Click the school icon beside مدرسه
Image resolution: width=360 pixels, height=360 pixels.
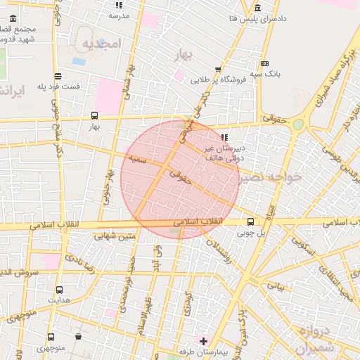tap(117, 5)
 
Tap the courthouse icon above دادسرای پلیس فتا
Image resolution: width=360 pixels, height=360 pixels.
tap(258, 8)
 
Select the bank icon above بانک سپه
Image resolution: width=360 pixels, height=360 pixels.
tap(264, 63)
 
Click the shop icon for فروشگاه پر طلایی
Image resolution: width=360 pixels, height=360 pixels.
tap(218, 70)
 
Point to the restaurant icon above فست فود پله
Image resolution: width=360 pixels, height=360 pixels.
tap(57, 77)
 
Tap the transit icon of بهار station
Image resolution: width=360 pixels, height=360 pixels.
tap(94, 116)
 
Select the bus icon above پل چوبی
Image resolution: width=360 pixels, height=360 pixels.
tap(251, 221)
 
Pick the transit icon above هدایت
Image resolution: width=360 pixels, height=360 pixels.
tap(58, 289)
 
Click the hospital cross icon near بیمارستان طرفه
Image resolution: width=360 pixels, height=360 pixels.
tap(203, 341)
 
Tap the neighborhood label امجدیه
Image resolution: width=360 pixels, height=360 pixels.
tap(103, 44)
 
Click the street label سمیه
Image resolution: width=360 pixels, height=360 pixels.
tap(136, 159)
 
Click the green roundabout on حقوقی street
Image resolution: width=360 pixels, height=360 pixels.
tap(298, 124)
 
